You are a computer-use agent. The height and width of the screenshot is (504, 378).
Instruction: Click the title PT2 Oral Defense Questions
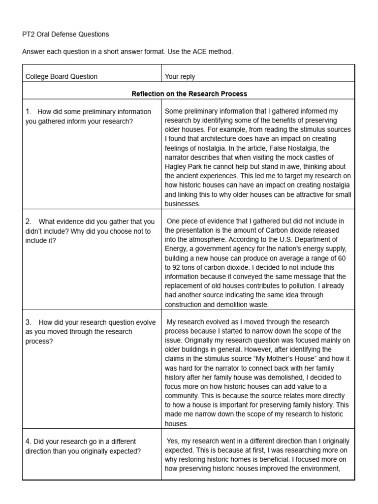pos(67,34)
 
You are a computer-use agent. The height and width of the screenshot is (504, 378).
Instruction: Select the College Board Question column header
pos(62,76)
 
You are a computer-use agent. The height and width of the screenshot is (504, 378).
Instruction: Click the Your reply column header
pos(180,76)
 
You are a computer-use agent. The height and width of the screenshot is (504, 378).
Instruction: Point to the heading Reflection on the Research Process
pos(189,94)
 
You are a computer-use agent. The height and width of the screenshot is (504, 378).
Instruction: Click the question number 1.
pos(28,112)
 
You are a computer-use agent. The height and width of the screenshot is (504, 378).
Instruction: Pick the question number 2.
pos(28,221)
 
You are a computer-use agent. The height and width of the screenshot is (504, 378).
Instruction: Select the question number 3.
pos(28,322)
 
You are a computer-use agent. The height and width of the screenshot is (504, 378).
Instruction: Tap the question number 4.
pos(28,441)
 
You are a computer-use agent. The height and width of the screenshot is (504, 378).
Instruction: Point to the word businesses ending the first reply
pos(183,203)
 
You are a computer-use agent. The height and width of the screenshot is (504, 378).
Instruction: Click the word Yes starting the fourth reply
pos(173,441)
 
